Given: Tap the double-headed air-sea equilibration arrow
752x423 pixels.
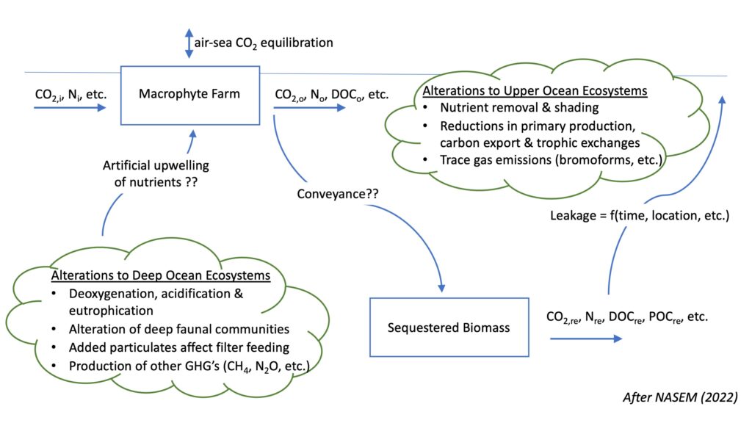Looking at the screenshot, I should point(188,43).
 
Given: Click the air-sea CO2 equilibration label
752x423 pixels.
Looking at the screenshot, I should point(264,43).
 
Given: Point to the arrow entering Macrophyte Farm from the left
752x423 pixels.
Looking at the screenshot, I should point(70,107).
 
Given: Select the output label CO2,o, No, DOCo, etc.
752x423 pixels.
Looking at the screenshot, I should point(331,94).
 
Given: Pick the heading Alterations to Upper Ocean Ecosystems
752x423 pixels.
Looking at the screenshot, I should point(535,91).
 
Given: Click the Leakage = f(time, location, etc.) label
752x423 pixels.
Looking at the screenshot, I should point(639,216).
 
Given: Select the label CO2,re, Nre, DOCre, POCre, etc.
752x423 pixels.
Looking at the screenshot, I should point(627,318).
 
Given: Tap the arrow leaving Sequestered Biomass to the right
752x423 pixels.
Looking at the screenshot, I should point(586,338).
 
